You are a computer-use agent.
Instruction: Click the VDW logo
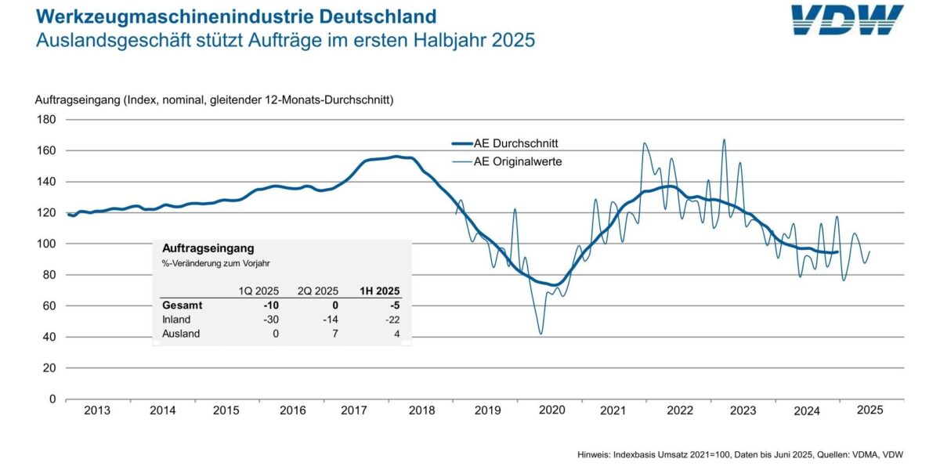point(847,20)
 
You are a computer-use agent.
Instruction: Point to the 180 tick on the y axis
point(46,120)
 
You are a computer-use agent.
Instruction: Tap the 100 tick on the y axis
point(46,244)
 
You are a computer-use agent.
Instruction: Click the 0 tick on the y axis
point(52,399)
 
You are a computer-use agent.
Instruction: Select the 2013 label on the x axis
point(97,410)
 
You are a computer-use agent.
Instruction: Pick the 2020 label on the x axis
point(551,410)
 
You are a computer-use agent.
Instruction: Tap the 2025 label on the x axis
point(870,410)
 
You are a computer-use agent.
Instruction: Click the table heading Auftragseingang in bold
point(208,248)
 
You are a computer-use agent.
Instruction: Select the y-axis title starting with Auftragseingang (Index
point(214,100)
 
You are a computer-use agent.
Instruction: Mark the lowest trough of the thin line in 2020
point(540,334)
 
